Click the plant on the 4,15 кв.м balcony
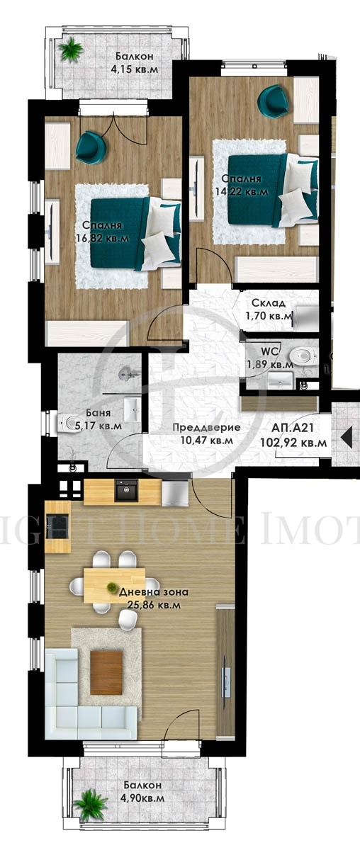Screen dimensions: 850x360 click(71, 50)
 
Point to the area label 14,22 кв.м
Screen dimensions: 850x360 click(242, 191)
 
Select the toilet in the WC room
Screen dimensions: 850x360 click(305, 354)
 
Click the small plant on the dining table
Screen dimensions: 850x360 click(112, 586)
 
